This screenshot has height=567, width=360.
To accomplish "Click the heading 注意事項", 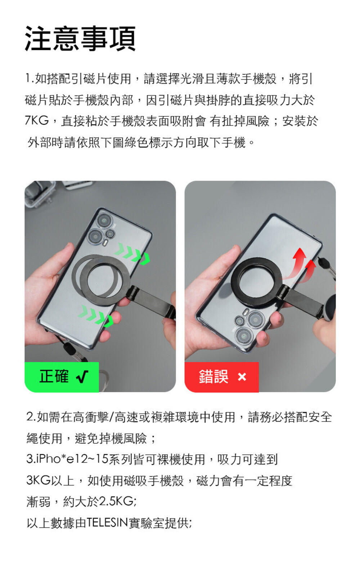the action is point(80,39).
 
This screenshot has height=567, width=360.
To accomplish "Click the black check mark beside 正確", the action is point(82,377).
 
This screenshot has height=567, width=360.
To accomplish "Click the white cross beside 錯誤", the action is point(242,377).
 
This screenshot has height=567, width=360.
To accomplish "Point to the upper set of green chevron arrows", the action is point(132,254).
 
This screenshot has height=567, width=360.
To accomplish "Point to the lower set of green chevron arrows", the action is point(96,316).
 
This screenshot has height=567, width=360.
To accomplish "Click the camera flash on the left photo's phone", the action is point(105,243).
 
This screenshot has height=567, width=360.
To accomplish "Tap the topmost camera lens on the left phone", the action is point(104,220).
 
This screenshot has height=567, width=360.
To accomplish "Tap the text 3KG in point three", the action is point(39,480).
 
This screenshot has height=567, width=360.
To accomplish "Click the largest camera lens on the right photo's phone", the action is point(244,335).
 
